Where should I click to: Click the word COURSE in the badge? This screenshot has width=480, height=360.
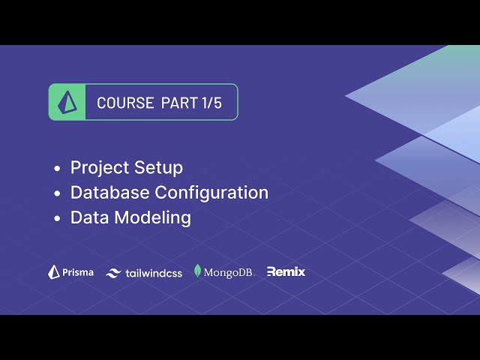click(x=125, y=103)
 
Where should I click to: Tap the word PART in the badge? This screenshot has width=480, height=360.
click(x=178, y=103)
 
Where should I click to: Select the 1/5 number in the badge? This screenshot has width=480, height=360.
click(x=211, y=103)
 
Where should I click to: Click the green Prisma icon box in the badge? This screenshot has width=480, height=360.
click(x=68, y=103)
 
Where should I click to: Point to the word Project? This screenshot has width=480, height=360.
click(x=98, y=167)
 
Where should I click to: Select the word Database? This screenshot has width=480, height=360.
click(x=109, y=193)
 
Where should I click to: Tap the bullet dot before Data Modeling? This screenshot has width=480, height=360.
click(x=57, y=219)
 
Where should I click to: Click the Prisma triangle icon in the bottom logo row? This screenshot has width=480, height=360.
click(x=54, y=272)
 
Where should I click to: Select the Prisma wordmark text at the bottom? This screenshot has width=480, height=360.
click(x=79, y=272)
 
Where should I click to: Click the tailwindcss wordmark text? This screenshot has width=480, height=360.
click(x=154, y=273)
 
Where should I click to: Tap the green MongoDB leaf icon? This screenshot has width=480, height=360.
click(x=198, y=271)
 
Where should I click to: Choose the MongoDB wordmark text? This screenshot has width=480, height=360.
click(x=229, y=272)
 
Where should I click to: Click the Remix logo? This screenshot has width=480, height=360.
click(x=286, y=272)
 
